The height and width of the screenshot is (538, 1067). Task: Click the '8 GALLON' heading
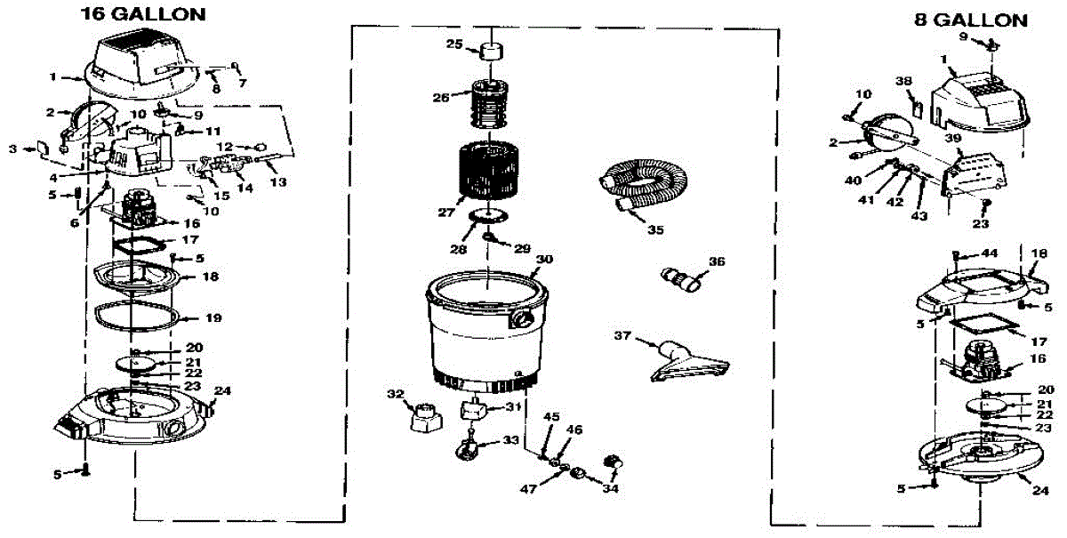(971, 20)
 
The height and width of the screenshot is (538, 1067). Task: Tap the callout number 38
(904, 81)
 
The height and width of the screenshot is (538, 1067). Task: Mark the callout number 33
(509, 439)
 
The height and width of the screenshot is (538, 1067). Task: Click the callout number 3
(12, 149)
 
